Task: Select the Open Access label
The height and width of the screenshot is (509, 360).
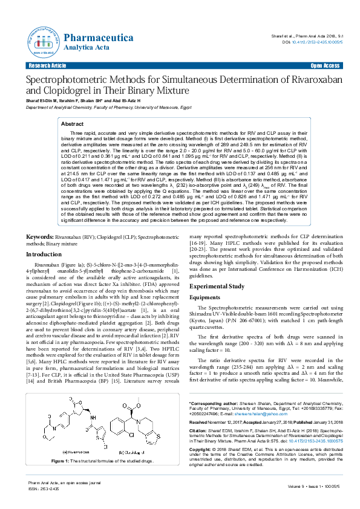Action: [325, 65]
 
